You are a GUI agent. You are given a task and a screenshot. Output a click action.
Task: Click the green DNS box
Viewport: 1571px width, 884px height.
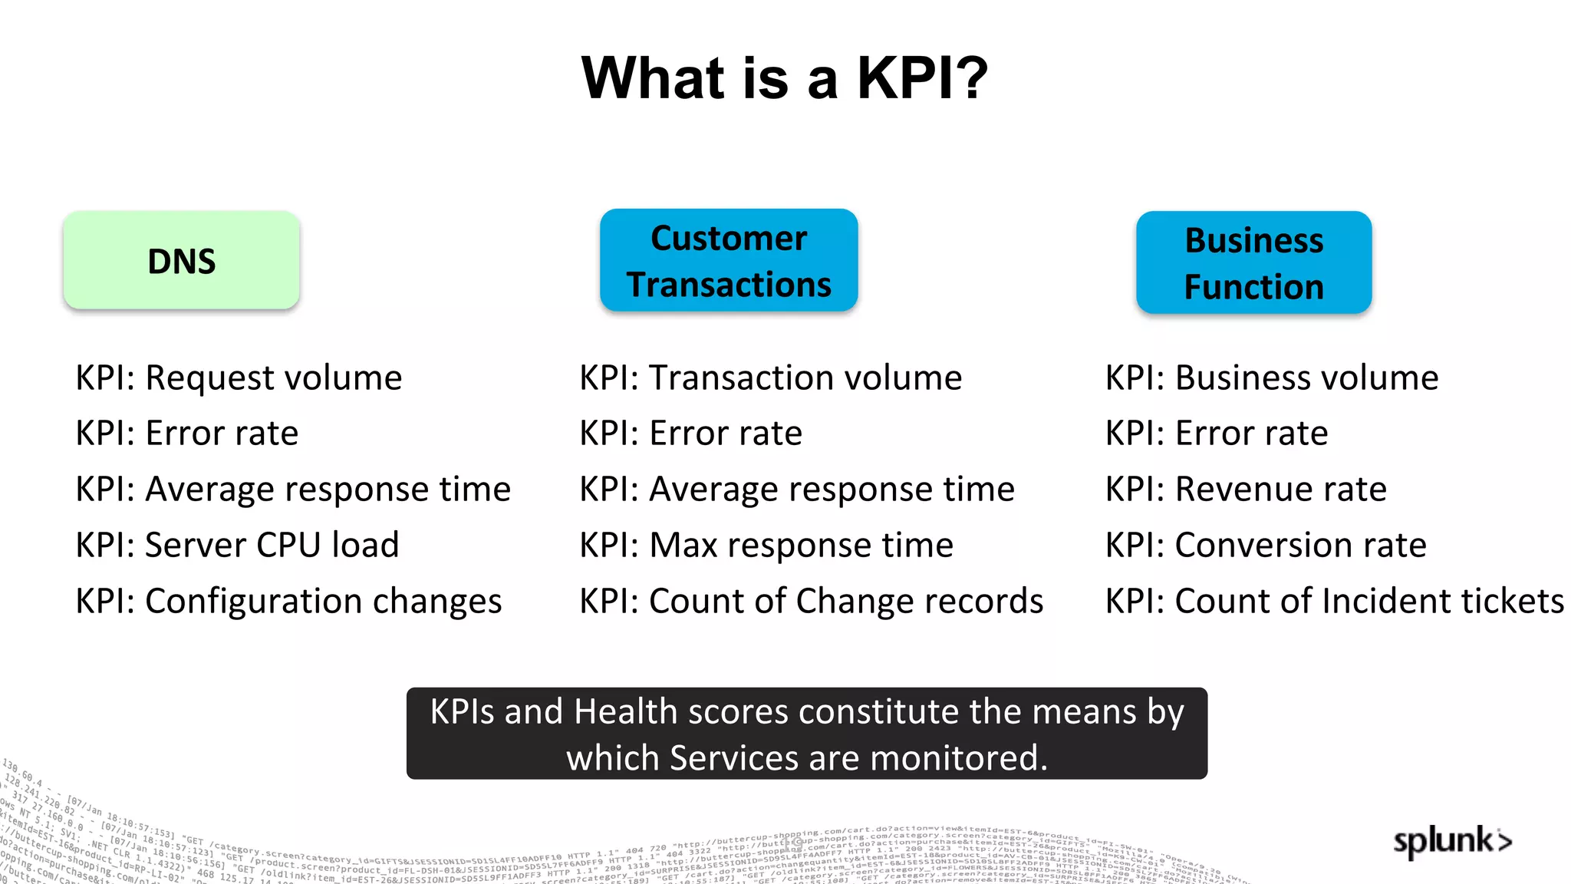point(181,261)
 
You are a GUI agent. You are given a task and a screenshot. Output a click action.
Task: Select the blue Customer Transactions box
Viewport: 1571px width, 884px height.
point(729,261)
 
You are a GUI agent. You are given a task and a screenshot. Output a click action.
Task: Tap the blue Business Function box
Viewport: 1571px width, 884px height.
point(1253,263)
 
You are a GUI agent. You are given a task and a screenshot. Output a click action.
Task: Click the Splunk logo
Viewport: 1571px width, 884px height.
point(1452,841)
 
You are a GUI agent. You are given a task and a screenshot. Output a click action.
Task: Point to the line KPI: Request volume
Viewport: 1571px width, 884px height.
point(239,378)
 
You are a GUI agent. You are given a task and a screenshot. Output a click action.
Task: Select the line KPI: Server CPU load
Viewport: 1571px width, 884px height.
point(237,545)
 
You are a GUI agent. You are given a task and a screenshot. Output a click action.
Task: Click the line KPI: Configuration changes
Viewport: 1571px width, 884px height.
point(288,601)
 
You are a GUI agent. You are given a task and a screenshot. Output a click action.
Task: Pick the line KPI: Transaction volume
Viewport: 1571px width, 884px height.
point(770,378)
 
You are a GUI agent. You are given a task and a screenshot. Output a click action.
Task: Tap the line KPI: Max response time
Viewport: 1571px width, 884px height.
point(766,545)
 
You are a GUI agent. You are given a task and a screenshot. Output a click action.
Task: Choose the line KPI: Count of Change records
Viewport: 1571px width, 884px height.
point(811,601)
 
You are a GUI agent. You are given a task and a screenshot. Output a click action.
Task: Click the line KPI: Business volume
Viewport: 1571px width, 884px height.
point(1271,378)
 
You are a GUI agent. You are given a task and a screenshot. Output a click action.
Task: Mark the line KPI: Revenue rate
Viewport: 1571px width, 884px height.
point(1246,489)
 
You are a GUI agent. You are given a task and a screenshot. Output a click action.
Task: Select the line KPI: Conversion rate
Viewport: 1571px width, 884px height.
point(1266,545)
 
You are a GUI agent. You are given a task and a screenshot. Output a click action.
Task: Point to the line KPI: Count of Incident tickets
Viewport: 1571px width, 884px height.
point(1334,601)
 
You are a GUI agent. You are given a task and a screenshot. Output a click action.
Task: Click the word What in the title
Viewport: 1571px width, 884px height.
point(653,78)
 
